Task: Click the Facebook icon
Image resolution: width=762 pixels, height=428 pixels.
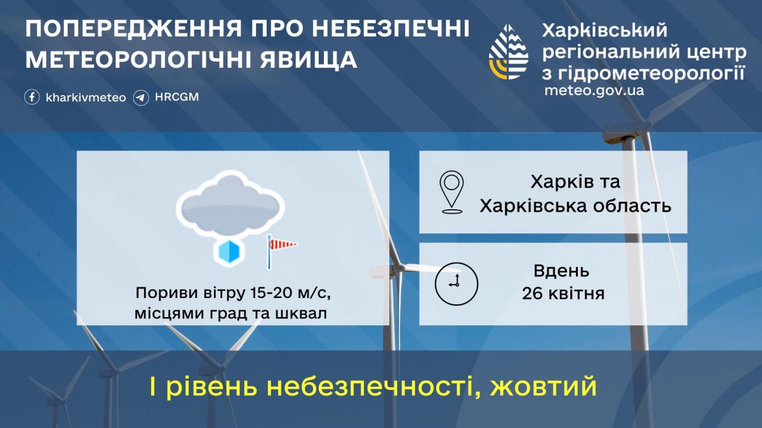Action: (32, 98)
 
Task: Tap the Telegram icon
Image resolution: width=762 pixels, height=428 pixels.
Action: (141, 98)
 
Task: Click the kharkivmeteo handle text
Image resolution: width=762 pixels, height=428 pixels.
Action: (86, 98)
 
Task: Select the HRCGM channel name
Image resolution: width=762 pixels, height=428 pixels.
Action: (177, 97)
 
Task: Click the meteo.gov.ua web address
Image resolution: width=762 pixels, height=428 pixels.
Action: (594, 91)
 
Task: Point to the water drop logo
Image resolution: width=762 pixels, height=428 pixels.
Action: (509, 51)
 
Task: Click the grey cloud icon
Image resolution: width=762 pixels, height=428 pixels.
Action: (231, 205)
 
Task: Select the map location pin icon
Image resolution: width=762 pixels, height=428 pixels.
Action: (451, 192)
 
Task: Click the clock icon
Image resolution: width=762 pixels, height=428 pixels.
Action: (457, 284)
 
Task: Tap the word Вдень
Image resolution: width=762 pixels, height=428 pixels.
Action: (561, 271)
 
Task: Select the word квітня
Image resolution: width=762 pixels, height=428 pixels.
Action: (577, 294)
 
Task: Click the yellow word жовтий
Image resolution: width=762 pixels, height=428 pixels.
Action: (544, 386)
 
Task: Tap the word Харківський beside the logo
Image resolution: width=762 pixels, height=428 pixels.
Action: (605, 30)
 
